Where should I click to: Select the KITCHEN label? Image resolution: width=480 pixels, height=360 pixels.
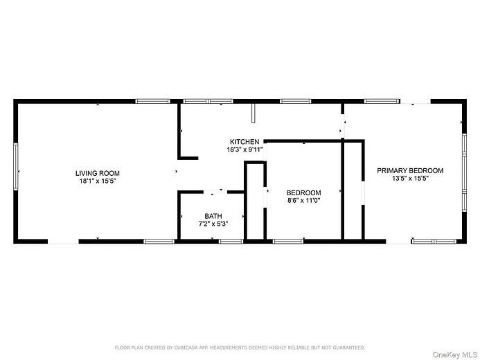point(245,142)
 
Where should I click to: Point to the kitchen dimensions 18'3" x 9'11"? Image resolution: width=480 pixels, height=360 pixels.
point(245,150)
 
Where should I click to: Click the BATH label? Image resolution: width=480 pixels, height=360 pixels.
point(213,216)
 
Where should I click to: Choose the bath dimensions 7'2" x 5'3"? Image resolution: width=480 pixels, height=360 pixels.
point(213,224)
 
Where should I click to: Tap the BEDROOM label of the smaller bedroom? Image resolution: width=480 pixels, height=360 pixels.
point(304,192)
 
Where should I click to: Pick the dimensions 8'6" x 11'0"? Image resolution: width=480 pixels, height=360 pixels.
point(304,201)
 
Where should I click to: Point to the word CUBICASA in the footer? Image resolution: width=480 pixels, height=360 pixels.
point(184,347)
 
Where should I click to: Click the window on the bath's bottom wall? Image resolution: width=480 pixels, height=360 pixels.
point(231,241)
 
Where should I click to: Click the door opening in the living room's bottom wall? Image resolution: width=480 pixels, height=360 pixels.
point(63,241)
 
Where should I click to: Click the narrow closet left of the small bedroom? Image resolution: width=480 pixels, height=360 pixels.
point(255,204)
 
